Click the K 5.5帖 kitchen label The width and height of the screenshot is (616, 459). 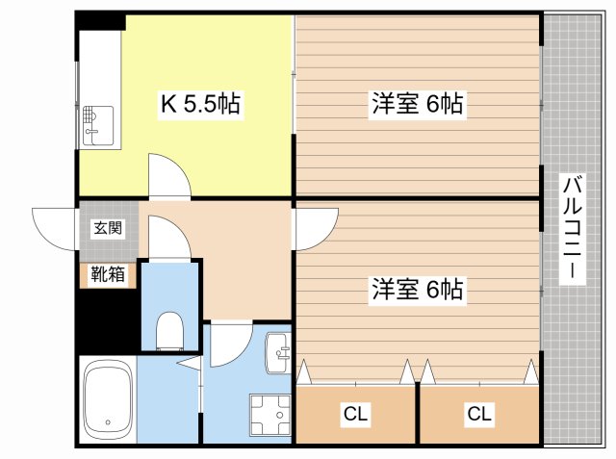(201, 104)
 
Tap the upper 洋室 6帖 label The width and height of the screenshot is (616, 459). (417, 103)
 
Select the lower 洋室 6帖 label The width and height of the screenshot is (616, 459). (417, 289)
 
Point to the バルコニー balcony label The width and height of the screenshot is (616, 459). (573, 227)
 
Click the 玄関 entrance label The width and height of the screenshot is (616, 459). (108, 228)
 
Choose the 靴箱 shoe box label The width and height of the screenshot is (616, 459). (108, 274)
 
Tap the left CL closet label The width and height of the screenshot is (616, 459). (355, 414)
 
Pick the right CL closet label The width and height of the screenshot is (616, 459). (479, 414)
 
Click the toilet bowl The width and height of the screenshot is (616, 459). (169, 331)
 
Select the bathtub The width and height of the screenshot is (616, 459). (108, 399)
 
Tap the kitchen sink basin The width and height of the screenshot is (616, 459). (98, 126)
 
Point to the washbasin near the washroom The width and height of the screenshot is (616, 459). (278, 352)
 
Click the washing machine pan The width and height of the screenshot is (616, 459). (269, 414)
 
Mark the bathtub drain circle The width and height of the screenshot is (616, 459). (108, 422)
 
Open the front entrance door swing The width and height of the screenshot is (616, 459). (54, 228)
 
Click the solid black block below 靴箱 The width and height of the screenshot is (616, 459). (108, 320)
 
